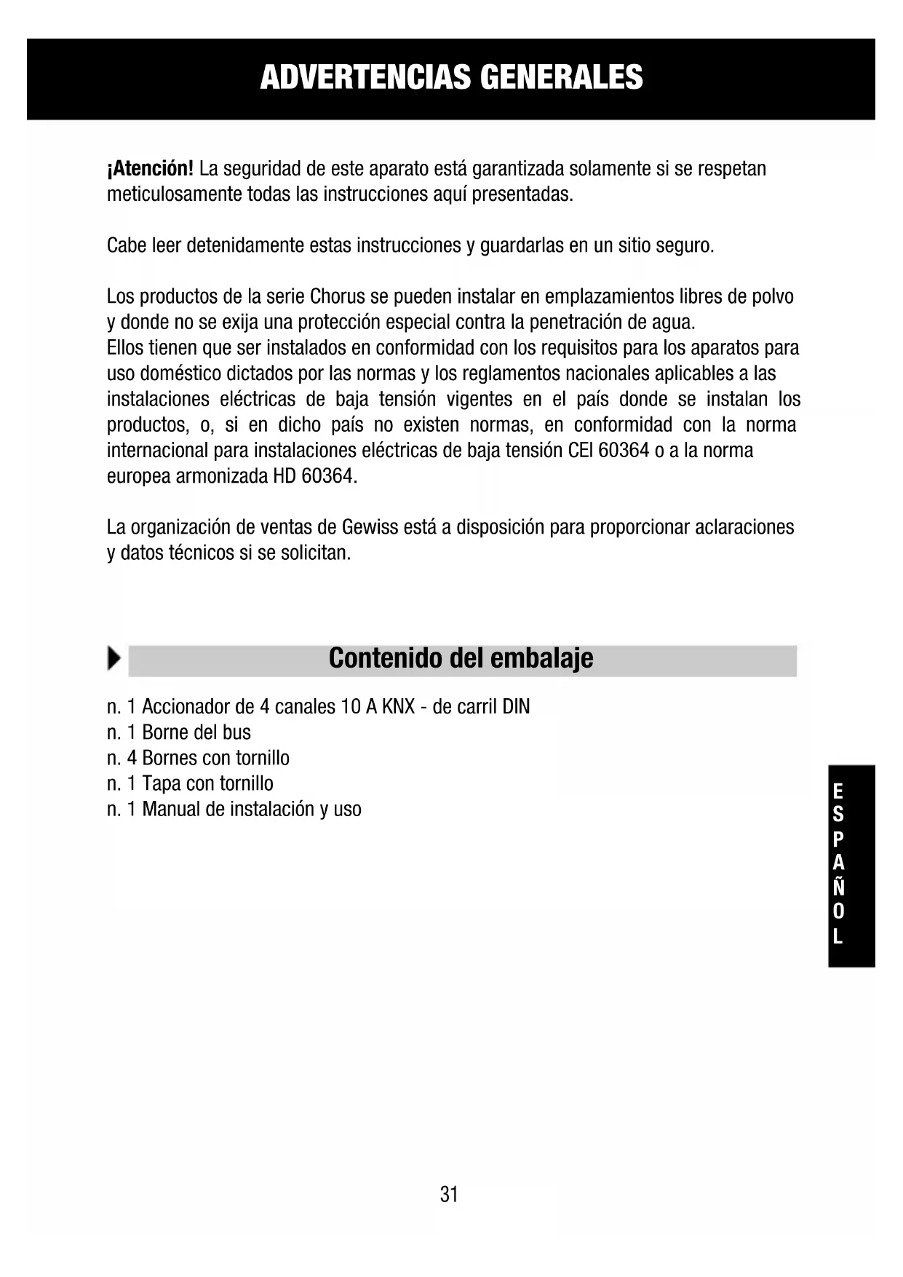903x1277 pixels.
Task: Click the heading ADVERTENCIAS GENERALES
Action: click(x=451, y=77)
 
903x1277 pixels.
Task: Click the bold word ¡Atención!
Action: click(x=150, y=169)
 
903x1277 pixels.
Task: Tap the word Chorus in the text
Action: click(x=337, y=296)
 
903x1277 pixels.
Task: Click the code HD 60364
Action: click(x=314, y=476)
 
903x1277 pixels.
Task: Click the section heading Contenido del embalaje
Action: click(x=461, y=658)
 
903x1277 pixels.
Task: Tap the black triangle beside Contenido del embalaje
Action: click(x=114, y=658)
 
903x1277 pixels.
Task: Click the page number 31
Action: click(x=449, y=1195)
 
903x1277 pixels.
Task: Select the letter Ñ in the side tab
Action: click(x=838, y=887)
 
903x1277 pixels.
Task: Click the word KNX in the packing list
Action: click(x=398, y=707)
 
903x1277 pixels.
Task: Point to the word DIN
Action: click(x=516, y=707)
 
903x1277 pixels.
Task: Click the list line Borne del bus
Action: click(x=179, y=732)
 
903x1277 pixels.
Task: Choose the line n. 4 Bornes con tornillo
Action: click(x=198, y=758)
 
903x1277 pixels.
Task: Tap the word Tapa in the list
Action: click(x=162, y=783)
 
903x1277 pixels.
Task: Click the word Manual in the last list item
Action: click(x=171, y=809)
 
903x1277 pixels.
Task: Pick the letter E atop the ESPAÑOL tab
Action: click(x=838, y=791)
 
